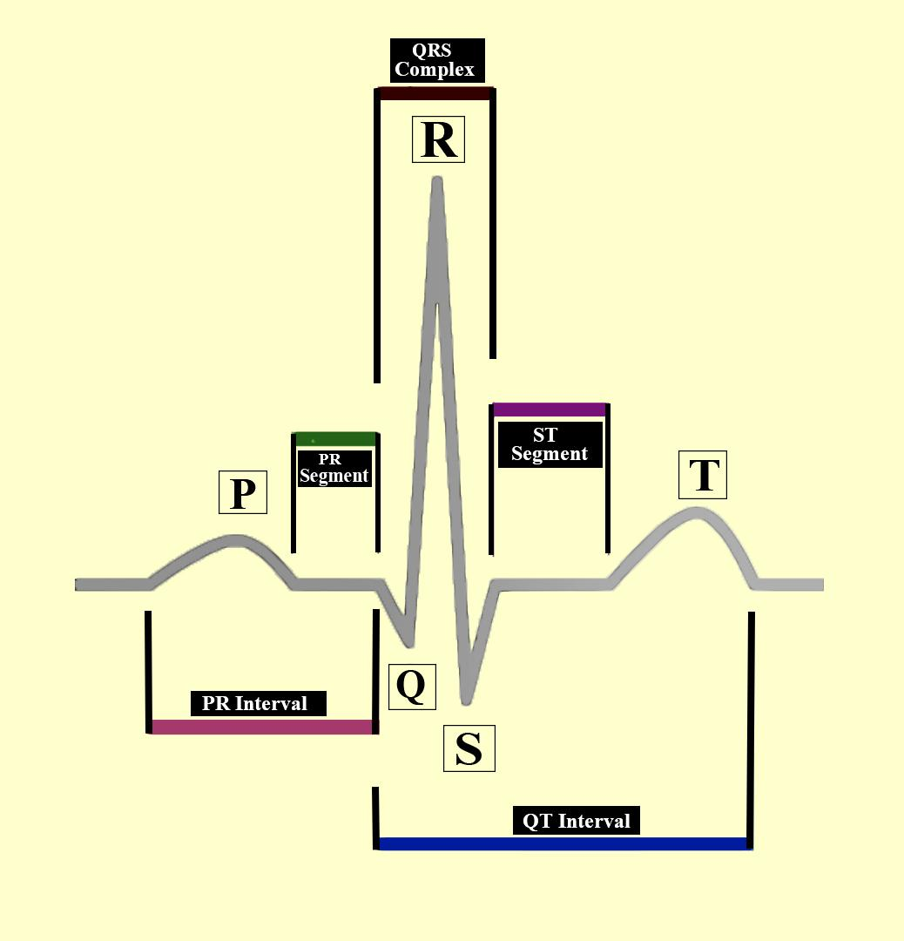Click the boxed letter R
[438, 139]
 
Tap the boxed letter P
[242, 493]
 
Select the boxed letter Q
[411, 686]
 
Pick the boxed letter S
[469, 748]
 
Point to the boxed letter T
[703, 476]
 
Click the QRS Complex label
[435, 61]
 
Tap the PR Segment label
[334, 468]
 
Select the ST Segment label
[549, 444]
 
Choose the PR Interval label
[257, 703]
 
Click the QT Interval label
[577, 821]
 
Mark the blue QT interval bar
[564, 843]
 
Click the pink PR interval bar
[262, 727]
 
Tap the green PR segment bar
[335, 439]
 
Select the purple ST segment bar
[549, 410]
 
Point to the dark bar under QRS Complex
[435, 93]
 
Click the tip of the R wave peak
[437, 181]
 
